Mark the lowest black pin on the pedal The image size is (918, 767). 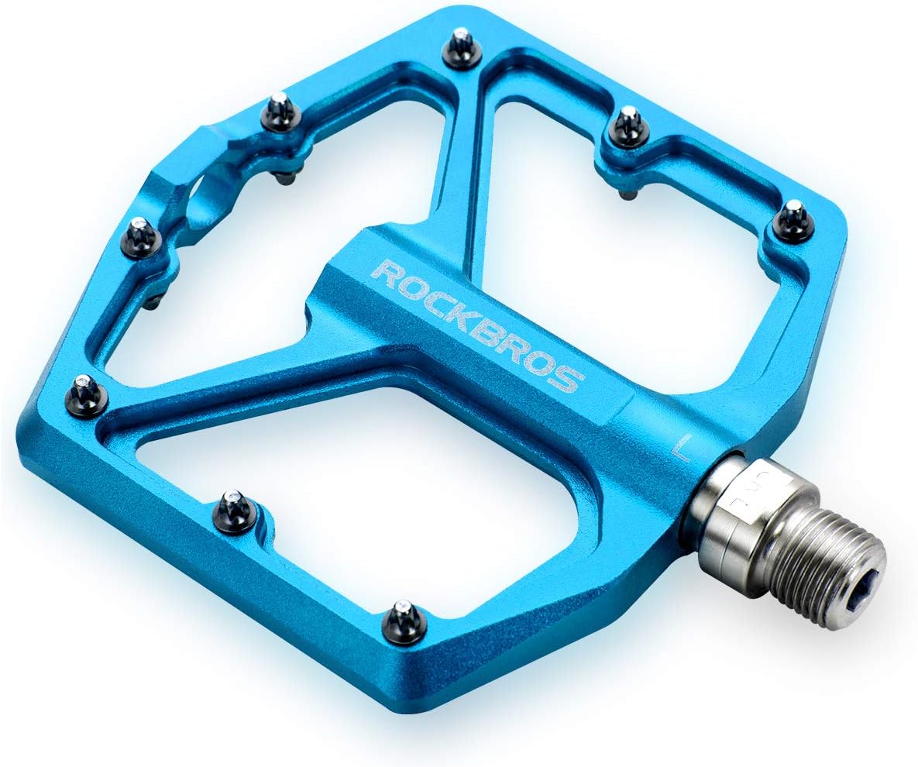404,620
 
